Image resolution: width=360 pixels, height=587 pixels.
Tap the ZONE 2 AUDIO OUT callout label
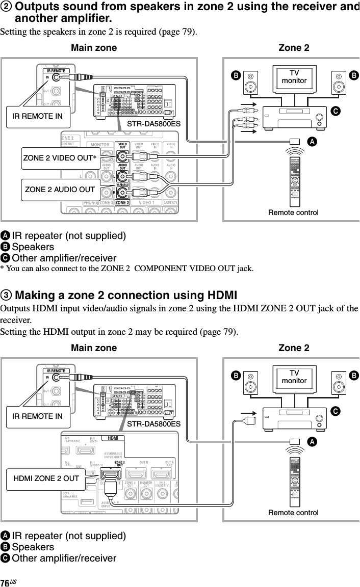coord(60,190)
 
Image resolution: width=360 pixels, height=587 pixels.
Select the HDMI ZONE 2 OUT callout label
coord(46,478)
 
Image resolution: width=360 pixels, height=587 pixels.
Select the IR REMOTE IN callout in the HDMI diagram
coord(37,416)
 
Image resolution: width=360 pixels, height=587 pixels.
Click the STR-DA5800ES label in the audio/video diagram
coord(154,123)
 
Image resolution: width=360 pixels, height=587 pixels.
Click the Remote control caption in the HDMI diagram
coord(293,513)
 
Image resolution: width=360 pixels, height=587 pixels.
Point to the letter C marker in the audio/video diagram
coord(336,110)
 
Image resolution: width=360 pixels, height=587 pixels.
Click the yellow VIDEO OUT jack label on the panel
coord(122,146)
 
